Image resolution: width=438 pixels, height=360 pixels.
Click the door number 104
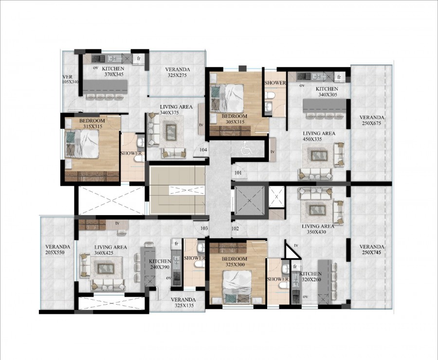[x=203, y=149]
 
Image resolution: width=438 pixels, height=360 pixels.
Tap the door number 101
[x=238, y=172]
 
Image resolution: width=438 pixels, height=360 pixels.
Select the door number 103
[x=204, y=228]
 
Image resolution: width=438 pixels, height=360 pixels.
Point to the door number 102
[x=235, y=228]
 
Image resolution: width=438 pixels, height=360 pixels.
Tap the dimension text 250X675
[x=372, y=124]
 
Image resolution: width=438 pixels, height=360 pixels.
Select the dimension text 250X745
[x=372, y=253]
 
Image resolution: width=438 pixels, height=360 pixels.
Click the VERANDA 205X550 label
[x=57, y=250]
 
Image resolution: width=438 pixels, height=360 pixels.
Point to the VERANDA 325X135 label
[x=183, y=303]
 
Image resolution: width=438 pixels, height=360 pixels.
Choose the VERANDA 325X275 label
[x=177, y=72]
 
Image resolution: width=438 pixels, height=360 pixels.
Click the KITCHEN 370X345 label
[x=113, y=72]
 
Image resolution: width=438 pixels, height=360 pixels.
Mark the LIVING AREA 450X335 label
[x=319, y=136]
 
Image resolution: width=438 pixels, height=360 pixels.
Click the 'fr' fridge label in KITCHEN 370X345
[x=139, y=58]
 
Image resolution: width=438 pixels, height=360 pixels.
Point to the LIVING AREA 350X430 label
[x=317, y=229]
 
